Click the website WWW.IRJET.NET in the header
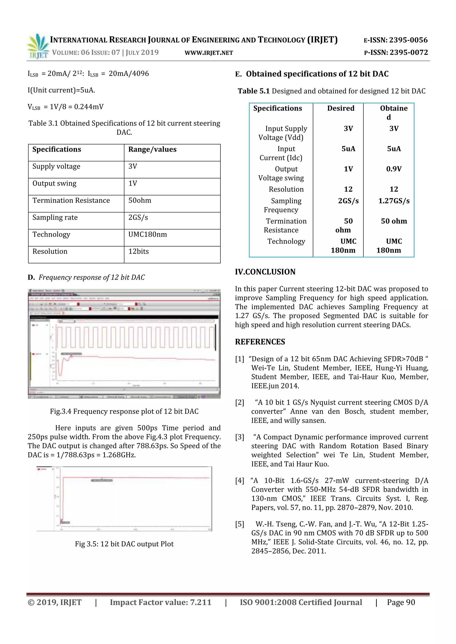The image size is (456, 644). pos(209,53)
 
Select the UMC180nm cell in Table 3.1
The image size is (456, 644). pos(147,234)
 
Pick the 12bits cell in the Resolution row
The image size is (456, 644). pos(138,252)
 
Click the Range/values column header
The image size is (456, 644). pos(152,149)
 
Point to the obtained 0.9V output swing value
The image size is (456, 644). pos(394,169)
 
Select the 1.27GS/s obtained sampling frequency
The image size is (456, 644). pos(394,201)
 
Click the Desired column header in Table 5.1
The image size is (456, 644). pos(341,109)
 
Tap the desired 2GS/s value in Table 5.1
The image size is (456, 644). pos(348,201)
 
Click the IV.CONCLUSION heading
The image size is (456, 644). pos(265,272)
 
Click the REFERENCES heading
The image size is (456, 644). pos(260,342)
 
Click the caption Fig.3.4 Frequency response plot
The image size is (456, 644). pos(124,412)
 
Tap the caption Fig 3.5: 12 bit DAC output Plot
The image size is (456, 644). pos(124,544)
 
